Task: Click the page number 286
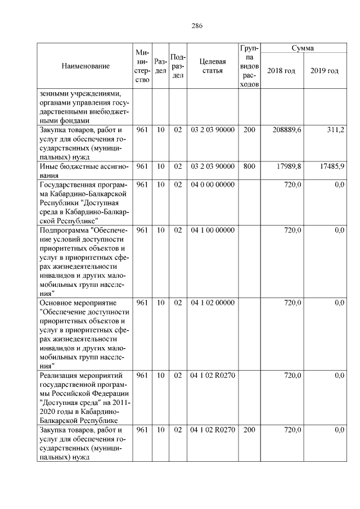(197, 26)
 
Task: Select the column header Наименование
(85, 66)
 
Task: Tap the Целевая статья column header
(213, 66)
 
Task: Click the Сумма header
(303, 48)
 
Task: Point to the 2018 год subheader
(282, 71)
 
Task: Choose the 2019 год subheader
(325, 71)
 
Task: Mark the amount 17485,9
(332, 166)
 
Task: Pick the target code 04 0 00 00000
(213, 184)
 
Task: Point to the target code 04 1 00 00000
(213, 230)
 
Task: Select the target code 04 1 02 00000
(213, 303)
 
